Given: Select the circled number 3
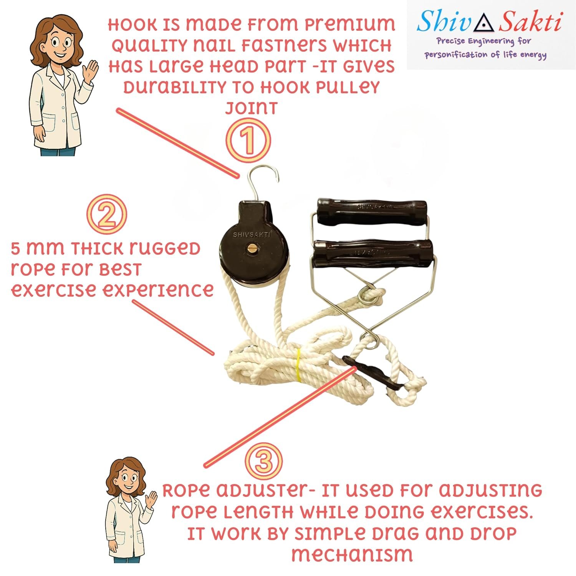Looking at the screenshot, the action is click(264, 461).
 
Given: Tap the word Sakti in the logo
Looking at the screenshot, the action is click(530, 22).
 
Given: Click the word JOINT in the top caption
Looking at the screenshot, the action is click(252, 108).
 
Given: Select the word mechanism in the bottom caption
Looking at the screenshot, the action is click(352, 554).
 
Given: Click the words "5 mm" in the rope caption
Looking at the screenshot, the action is click(37, 249).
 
